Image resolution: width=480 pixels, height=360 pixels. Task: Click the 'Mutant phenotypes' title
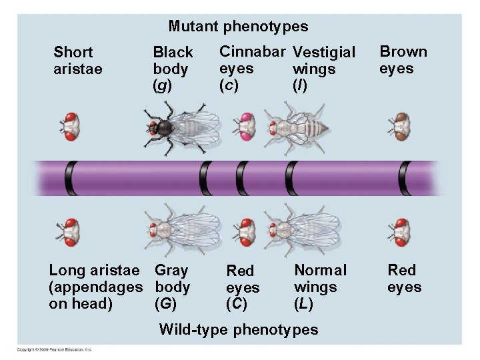238,27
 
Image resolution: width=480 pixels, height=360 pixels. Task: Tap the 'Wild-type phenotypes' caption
238,329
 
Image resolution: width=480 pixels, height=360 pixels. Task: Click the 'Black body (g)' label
173,69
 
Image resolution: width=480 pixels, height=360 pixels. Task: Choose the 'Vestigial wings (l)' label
323,69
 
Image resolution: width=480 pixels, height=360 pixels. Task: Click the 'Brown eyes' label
403,60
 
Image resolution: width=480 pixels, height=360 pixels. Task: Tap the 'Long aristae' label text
95,270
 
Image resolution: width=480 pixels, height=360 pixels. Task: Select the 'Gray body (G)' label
172,287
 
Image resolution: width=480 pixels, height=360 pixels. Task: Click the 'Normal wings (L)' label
320,287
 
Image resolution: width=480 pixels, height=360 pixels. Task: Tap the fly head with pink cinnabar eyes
246,127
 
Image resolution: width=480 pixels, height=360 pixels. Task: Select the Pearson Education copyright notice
55,349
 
